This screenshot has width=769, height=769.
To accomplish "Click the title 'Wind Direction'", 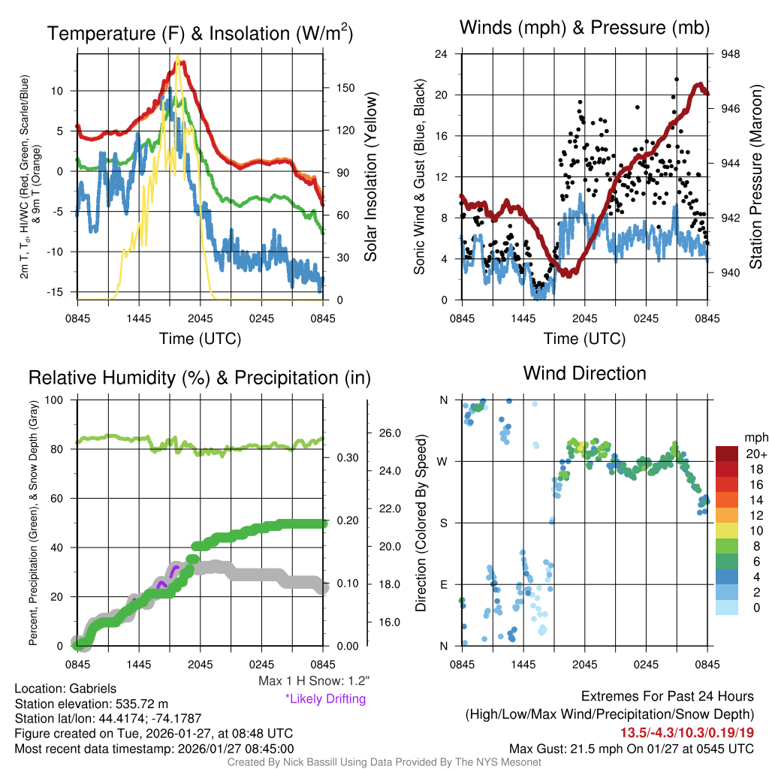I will coord(584,373).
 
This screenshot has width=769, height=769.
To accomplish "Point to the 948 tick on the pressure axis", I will coord(730,54).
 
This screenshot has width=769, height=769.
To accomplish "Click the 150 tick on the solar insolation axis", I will coord(345,88).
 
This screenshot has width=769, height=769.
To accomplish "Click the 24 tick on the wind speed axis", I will coord(442,54).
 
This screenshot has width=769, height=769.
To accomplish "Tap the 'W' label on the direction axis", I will coord(444,461).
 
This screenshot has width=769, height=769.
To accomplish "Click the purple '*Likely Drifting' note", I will coord(324,698).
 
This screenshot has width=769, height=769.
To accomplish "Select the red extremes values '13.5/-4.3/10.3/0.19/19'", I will coord(686,731).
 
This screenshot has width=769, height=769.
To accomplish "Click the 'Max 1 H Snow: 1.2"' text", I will coord(314,681).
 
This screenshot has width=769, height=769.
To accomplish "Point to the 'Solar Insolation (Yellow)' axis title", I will coord(370,176).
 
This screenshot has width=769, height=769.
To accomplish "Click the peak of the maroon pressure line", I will coord(700,85).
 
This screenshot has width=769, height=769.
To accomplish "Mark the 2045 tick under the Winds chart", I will coord(584,318).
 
